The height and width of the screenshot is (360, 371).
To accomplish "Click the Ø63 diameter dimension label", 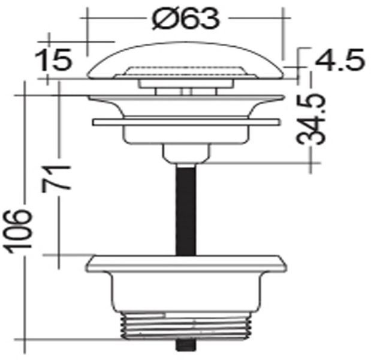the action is click(x=186, y=19).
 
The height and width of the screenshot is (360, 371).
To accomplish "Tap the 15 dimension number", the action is click(x=53, y=59).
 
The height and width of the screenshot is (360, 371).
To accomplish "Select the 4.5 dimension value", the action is click(x=340, y=59).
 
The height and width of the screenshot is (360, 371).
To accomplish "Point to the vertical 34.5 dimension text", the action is click(x=310, y=119).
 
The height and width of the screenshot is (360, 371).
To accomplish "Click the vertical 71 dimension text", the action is click(x=56, y=179).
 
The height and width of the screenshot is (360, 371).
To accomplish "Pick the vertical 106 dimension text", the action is click(x=17, y=232).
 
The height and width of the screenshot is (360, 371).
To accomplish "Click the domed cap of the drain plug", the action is click(x=186, y=61).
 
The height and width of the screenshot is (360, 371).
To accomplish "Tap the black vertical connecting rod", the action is click(x=186, y=210).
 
